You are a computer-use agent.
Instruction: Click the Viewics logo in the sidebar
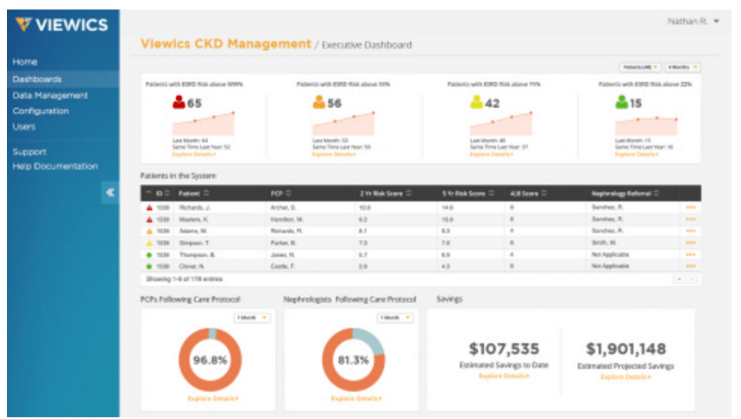pyautogui.click(x=61, y=24)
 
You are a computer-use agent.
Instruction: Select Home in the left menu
pyautogui.click(x=25, y=62)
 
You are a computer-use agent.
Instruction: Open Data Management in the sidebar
pyautogui.click(x=50, y=95)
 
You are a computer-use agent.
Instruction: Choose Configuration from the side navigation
pyautogui.click(x=41, y=111)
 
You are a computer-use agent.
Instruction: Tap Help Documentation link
pyautogui.click(x=54, y=166)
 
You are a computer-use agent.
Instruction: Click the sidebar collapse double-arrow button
pyautogui.click(x=110, y=193)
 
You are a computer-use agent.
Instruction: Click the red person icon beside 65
pyautogui.click(x=179, y=104)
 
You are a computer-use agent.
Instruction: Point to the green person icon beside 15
pyautogui.click(x=620, y=104)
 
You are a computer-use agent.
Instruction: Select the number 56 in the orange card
pyautogui.click(x=334, y=104)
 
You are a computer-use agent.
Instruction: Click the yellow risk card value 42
pyautogui.click(x=491, y=104)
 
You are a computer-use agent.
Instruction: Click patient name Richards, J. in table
pyautogui.click(x=194, y=208)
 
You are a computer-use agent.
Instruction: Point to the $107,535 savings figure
pyautogui.click(x=505, y=349)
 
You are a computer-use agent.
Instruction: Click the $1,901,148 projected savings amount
pyautogui.click(x=625, y=349)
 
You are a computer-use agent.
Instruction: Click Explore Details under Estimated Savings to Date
pyautogui.click(x=505, y=377)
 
